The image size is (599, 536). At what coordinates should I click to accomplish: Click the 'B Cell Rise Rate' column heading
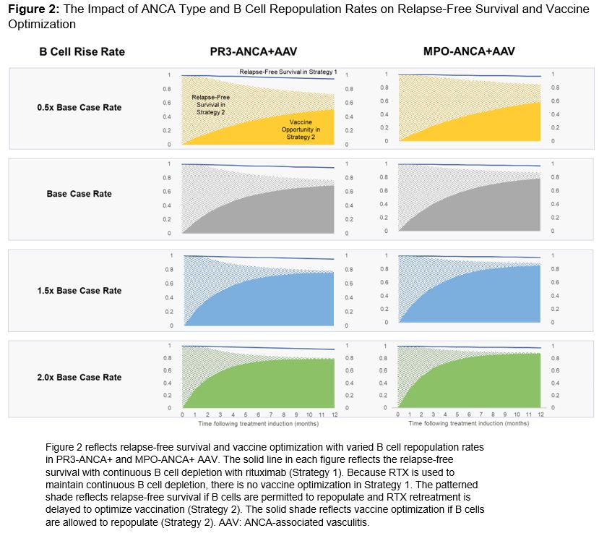[x=81, y=51]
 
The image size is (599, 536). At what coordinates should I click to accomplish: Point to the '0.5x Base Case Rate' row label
[x=79, y=107]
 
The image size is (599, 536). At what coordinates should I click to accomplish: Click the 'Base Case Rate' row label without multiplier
[x=79, y=194]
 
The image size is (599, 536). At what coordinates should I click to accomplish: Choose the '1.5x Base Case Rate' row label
[x=79, y=291]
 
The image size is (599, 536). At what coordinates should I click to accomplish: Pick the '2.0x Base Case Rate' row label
[x=79, y=377]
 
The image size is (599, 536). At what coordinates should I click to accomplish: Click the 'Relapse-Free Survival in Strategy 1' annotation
[x=288, y=72]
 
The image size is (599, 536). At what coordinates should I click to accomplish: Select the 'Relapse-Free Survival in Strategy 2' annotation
[x=208, y=105]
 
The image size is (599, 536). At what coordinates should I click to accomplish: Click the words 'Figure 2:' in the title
[x=31, y=10]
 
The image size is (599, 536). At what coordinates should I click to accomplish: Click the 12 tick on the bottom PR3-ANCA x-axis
[x=333, y=415]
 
